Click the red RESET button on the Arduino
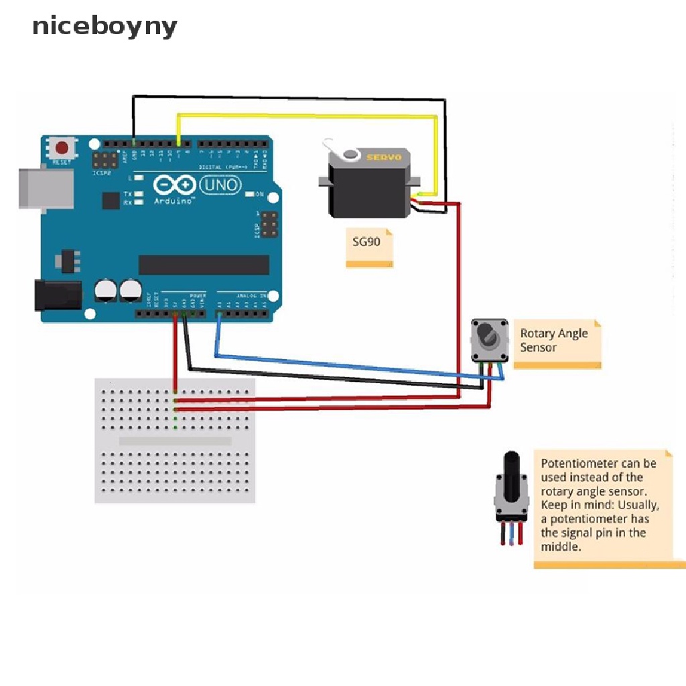(x=63, y=148)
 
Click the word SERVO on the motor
(x=383, y=157)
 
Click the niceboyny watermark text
(x=105, y=27)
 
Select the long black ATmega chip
(x=204, y=265)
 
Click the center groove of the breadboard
(x=175, y=441)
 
